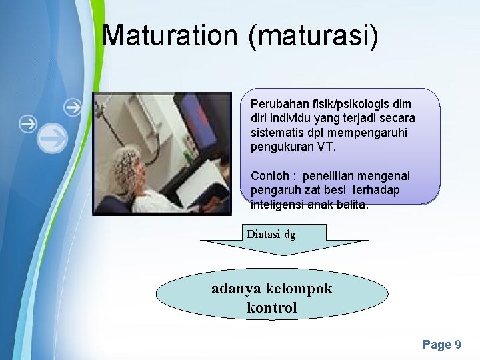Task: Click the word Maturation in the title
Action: tap(171, 35)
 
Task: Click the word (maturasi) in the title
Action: tap(313, 37)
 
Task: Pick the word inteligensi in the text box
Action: tap(277, 205)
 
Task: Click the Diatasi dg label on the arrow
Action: tap(271, 234)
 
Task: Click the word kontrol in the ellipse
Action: tap(271, 308)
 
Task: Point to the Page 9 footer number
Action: tap(441, 345)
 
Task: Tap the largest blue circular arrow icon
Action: tap(52, 139)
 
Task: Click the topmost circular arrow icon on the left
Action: tap(73, 106)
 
